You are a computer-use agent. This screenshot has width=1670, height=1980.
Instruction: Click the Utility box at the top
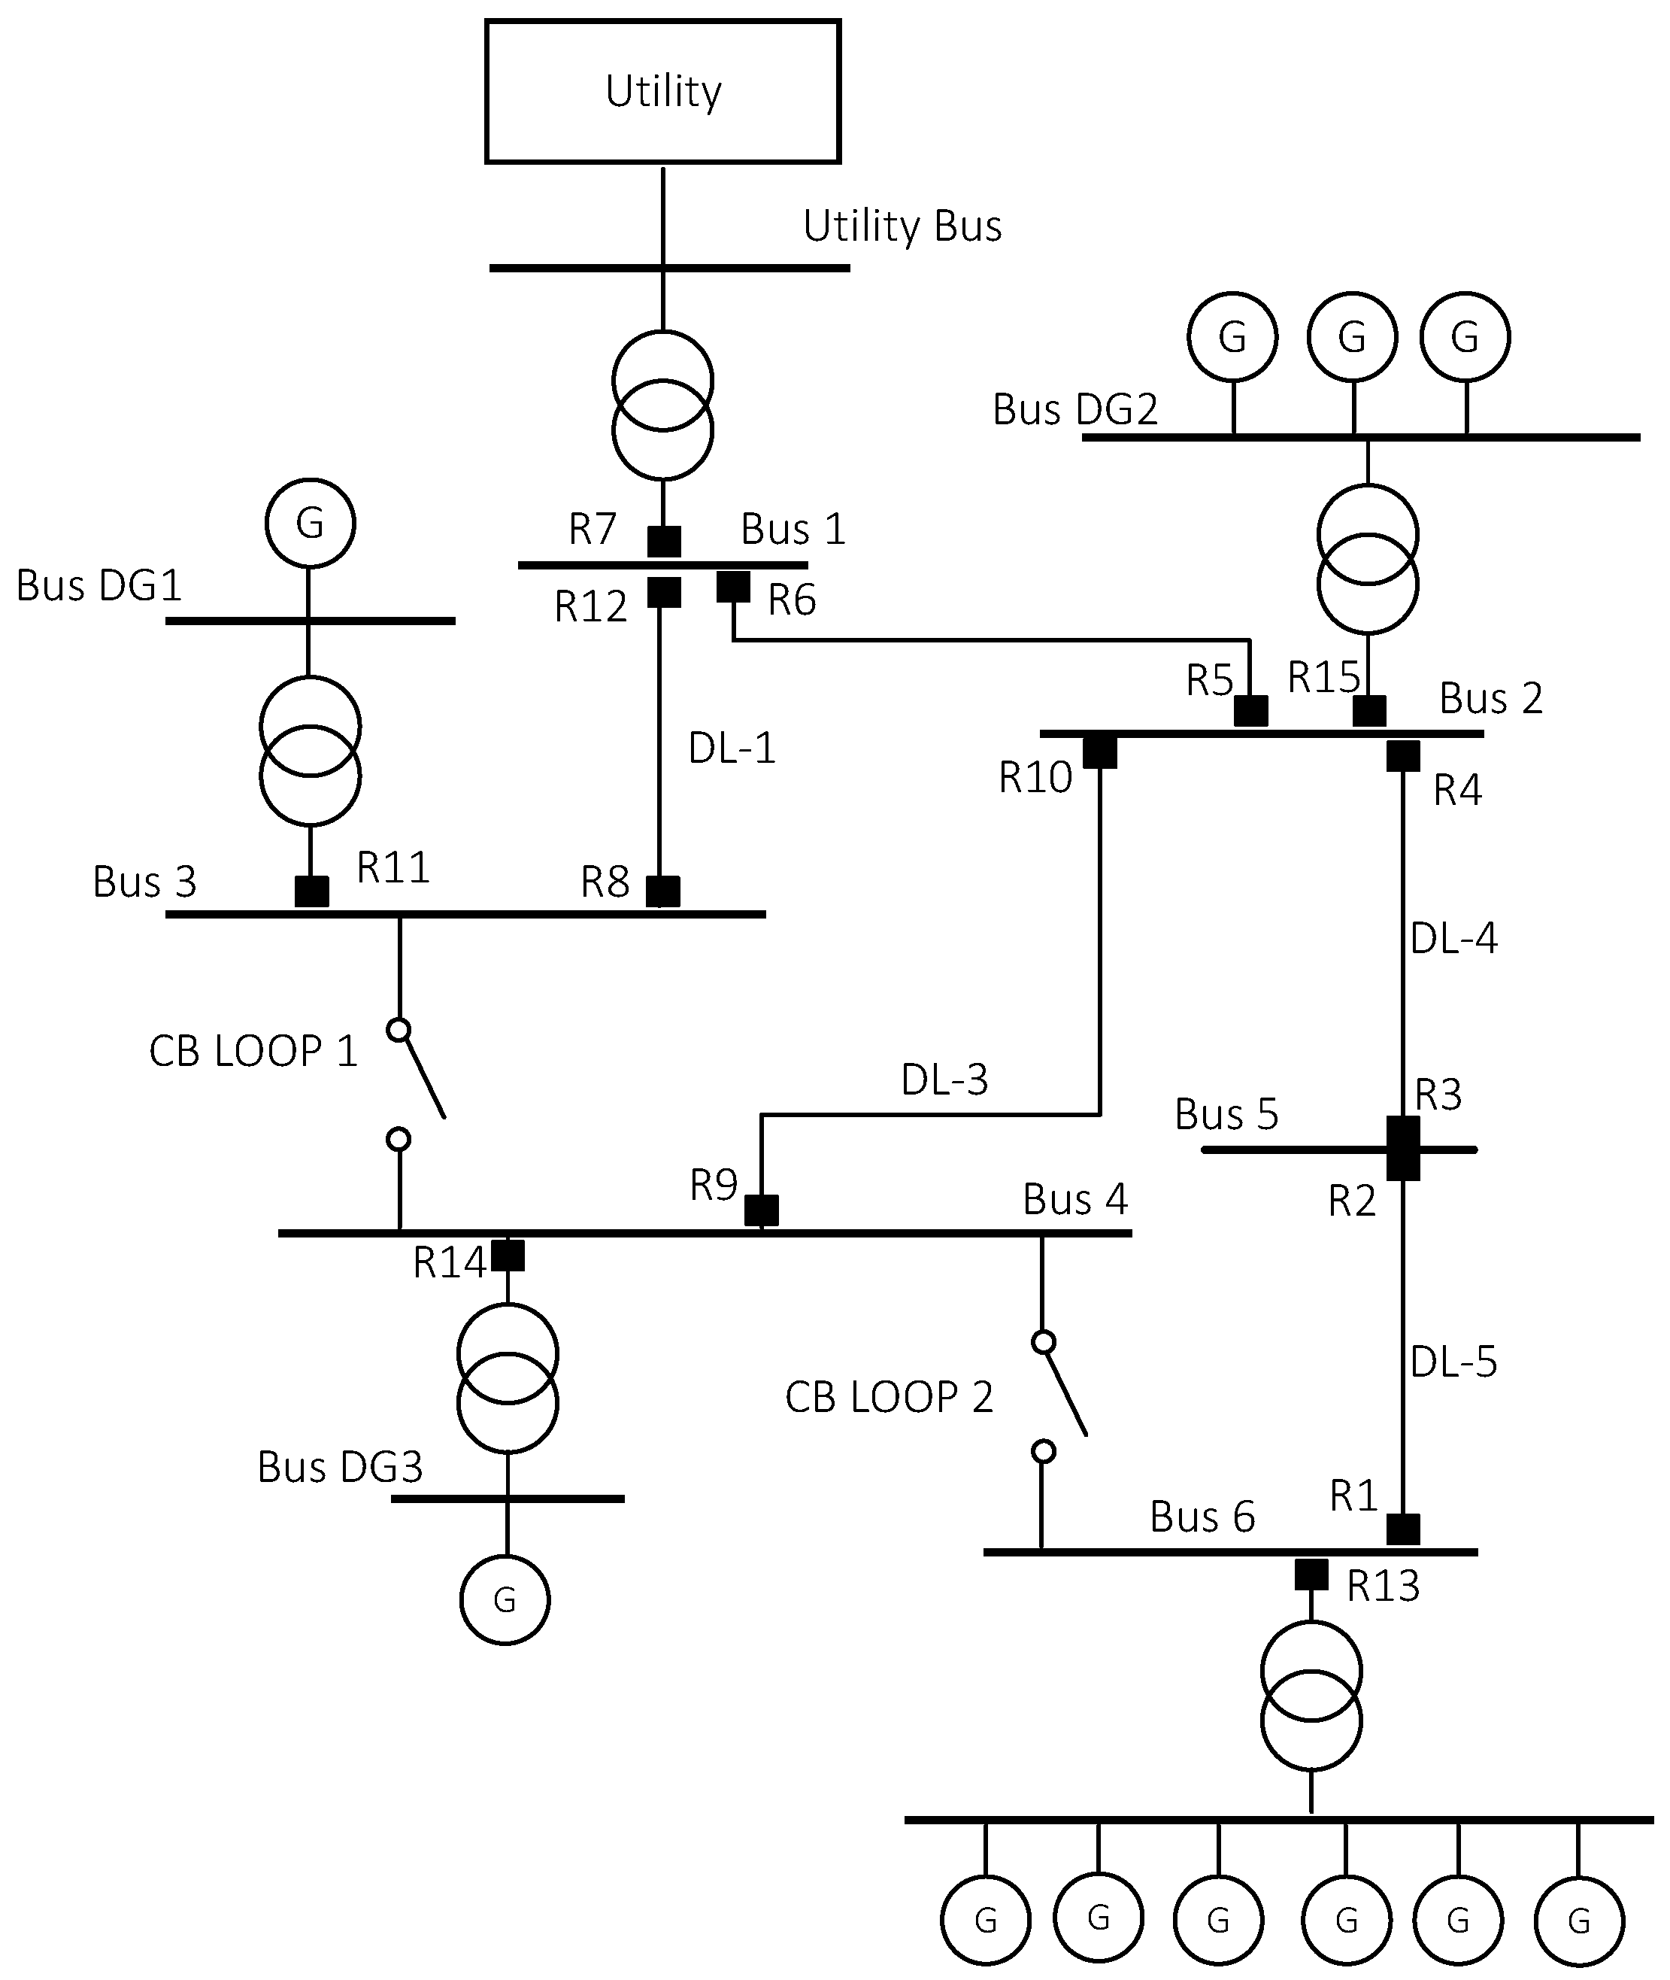[x=662, y=92]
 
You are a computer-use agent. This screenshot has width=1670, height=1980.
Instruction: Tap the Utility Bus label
[x=902, y=226]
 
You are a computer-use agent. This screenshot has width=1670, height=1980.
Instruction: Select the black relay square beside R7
[x=664, y=542]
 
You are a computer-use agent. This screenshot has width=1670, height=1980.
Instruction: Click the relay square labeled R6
[x=733, y=586]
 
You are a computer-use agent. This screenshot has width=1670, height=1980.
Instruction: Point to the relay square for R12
[x=664, y=592]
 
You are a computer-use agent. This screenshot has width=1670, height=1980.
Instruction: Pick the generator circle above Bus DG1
[x=310, y=523]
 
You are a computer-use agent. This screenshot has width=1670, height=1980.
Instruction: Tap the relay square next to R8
[x=662, y=891]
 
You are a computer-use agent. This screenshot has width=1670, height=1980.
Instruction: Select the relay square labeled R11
[x=311, y=891]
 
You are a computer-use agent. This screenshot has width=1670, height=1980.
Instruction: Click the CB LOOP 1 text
[x=253, y=1051]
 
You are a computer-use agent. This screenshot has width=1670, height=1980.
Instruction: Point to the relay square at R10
[x=1099, y=752]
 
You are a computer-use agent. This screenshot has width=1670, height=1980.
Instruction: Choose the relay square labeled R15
[x=1369, y=710]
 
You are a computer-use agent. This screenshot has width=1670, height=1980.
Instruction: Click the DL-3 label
[x=944, y=1080]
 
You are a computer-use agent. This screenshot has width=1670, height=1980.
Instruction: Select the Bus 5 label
[x=1226, y=1115]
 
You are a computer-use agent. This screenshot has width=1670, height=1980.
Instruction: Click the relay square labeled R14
[x=508, y=1255]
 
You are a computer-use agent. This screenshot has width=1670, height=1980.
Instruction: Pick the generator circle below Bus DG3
[x=505, y=1600]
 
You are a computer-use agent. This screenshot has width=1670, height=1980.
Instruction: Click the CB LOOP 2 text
[x=888, y=1398]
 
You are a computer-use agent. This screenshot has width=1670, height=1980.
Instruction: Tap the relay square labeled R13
[x=1311, y=1575]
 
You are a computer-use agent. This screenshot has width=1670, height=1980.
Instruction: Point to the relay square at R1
[x=1403, y=1529]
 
